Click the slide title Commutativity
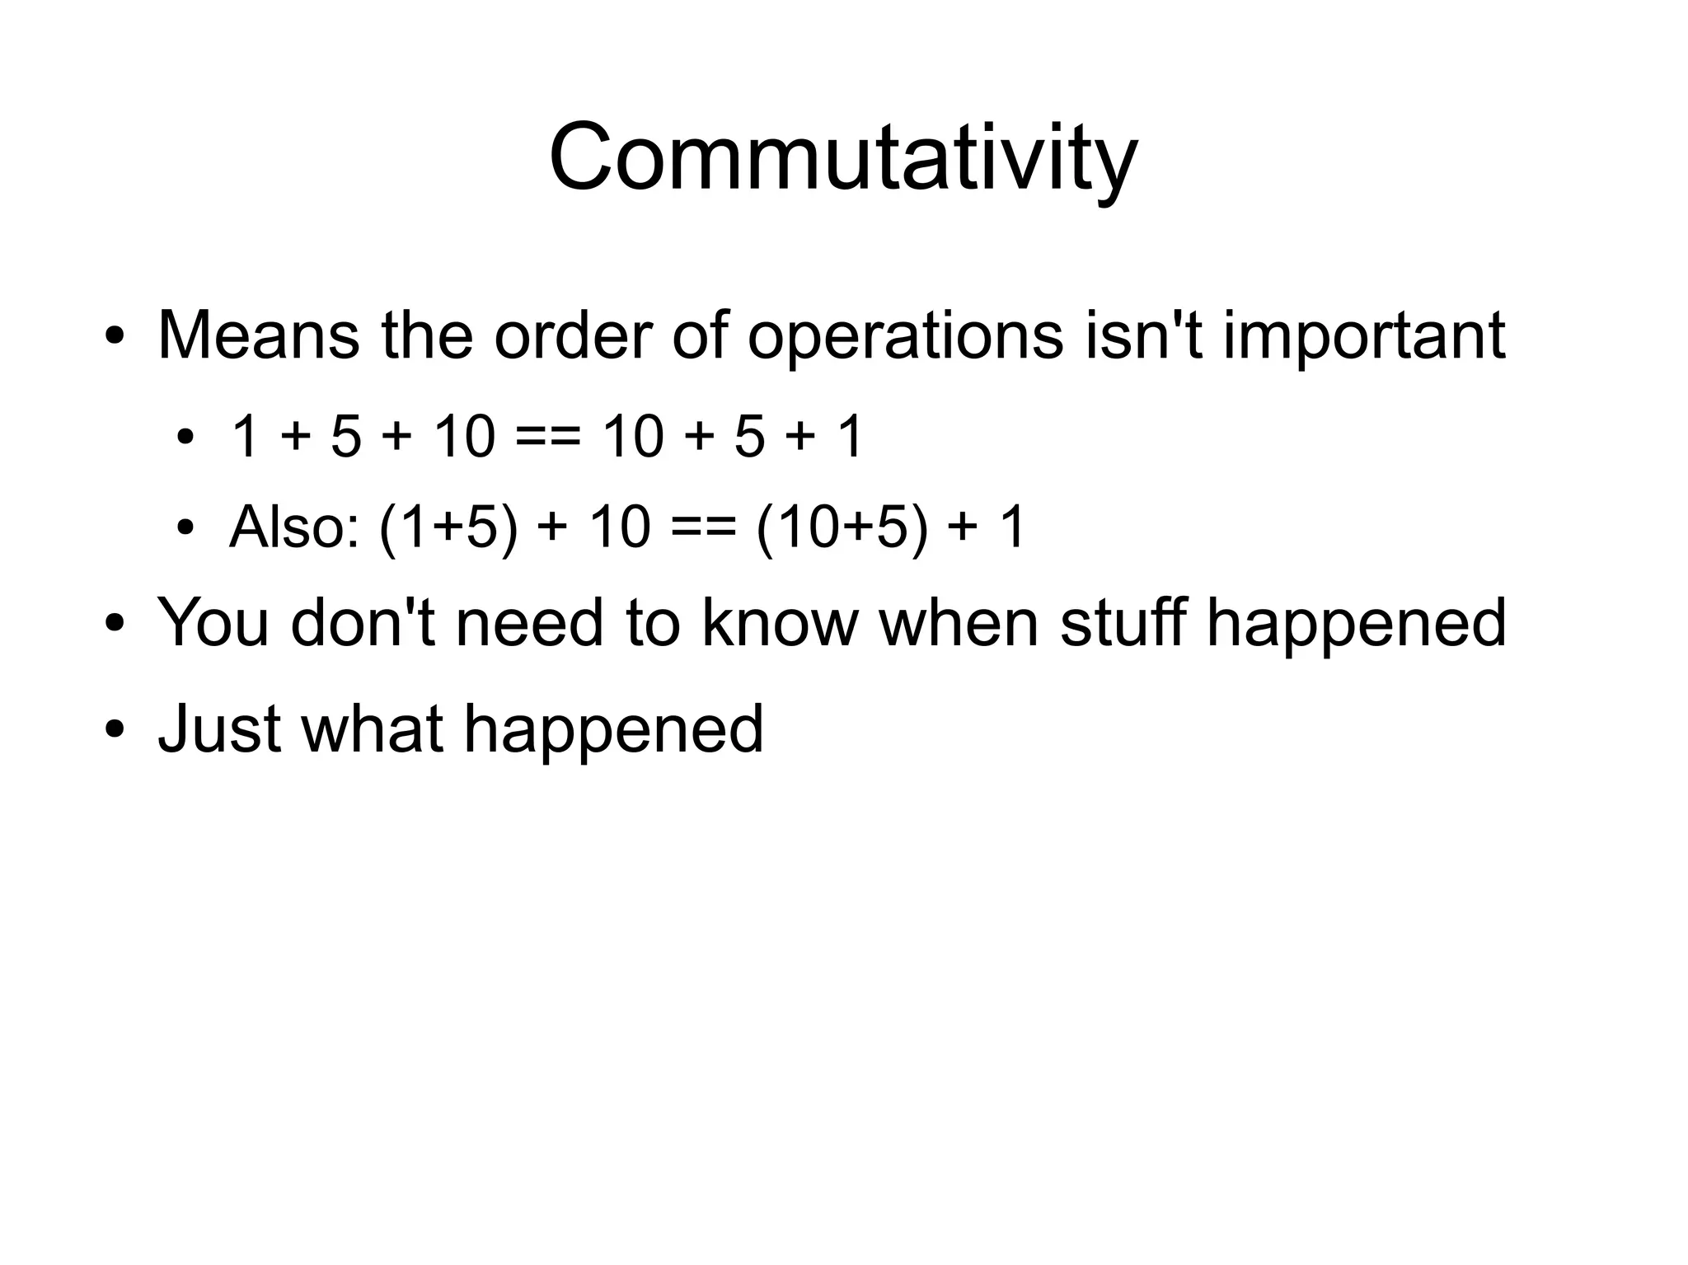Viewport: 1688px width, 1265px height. click(842, 158)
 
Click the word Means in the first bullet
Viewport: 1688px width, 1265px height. click(258, 336)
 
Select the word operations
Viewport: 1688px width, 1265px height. click(905, 336)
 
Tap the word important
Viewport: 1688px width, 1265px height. click(1363, 336)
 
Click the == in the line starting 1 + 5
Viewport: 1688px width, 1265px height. click(547, 437)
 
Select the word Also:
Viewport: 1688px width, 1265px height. click(294, 527)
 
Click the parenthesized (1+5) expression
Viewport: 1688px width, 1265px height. click(449, 527)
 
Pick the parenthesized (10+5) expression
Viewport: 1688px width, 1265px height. click(842, 527)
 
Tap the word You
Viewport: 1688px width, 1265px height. click(213, 623)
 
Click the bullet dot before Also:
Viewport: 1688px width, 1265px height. click(185, 528)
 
